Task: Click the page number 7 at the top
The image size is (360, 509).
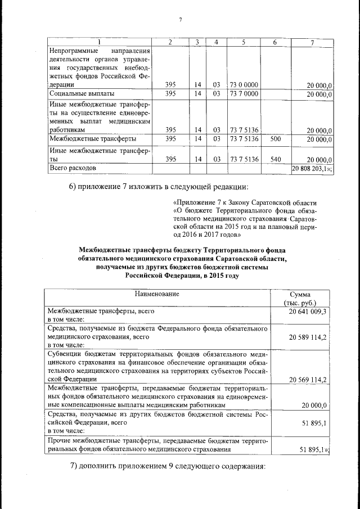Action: [x=181, y=20]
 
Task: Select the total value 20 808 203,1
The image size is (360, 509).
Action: [x=312, y=168]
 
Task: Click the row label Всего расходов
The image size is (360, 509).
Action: [x=73, y=168]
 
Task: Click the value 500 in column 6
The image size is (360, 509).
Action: [x=275, y=138]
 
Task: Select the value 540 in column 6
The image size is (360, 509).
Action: [x=275, y=159]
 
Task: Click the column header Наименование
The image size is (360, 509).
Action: [x=157, y=294]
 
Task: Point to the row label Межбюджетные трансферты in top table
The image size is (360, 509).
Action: [x=92, y=138]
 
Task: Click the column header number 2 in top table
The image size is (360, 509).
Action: [x=170, y=43]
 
